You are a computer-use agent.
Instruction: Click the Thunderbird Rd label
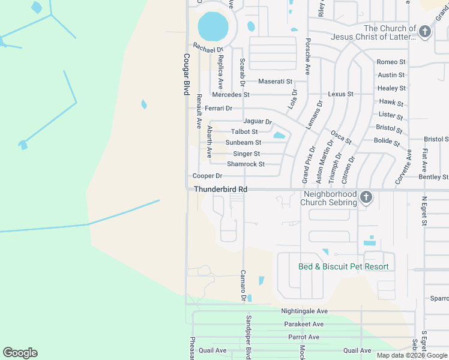click(x=220, y=189)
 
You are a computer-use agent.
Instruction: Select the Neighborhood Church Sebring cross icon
click(x=366, y=197)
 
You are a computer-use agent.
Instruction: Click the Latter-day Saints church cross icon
click(x=425, y=32)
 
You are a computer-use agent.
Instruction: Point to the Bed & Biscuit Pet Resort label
click(x=343, y=266)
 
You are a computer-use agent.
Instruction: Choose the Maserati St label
click(x=275, y=82)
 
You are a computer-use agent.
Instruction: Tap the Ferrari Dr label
click(x=218, y=108)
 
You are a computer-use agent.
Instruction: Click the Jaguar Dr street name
click(x=258, y=122)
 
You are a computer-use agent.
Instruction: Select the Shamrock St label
click(x=246, y=164)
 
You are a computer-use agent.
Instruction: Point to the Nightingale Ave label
click(x=304, y=311)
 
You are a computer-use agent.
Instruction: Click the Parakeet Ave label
click(x=304, y=324)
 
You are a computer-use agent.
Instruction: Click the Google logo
click(x=20, y=353)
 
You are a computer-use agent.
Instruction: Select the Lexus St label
click(x=340, y=94)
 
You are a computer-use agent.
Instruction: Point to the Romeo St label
click(x=391, y=62)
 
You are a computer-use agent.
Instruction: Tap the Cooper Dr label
click(x=207, y=176)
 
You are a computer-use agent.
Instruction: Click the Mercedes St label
click(x=231, y=95)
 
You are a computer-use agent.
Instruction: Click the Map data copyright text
click(x=412, y=355)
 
